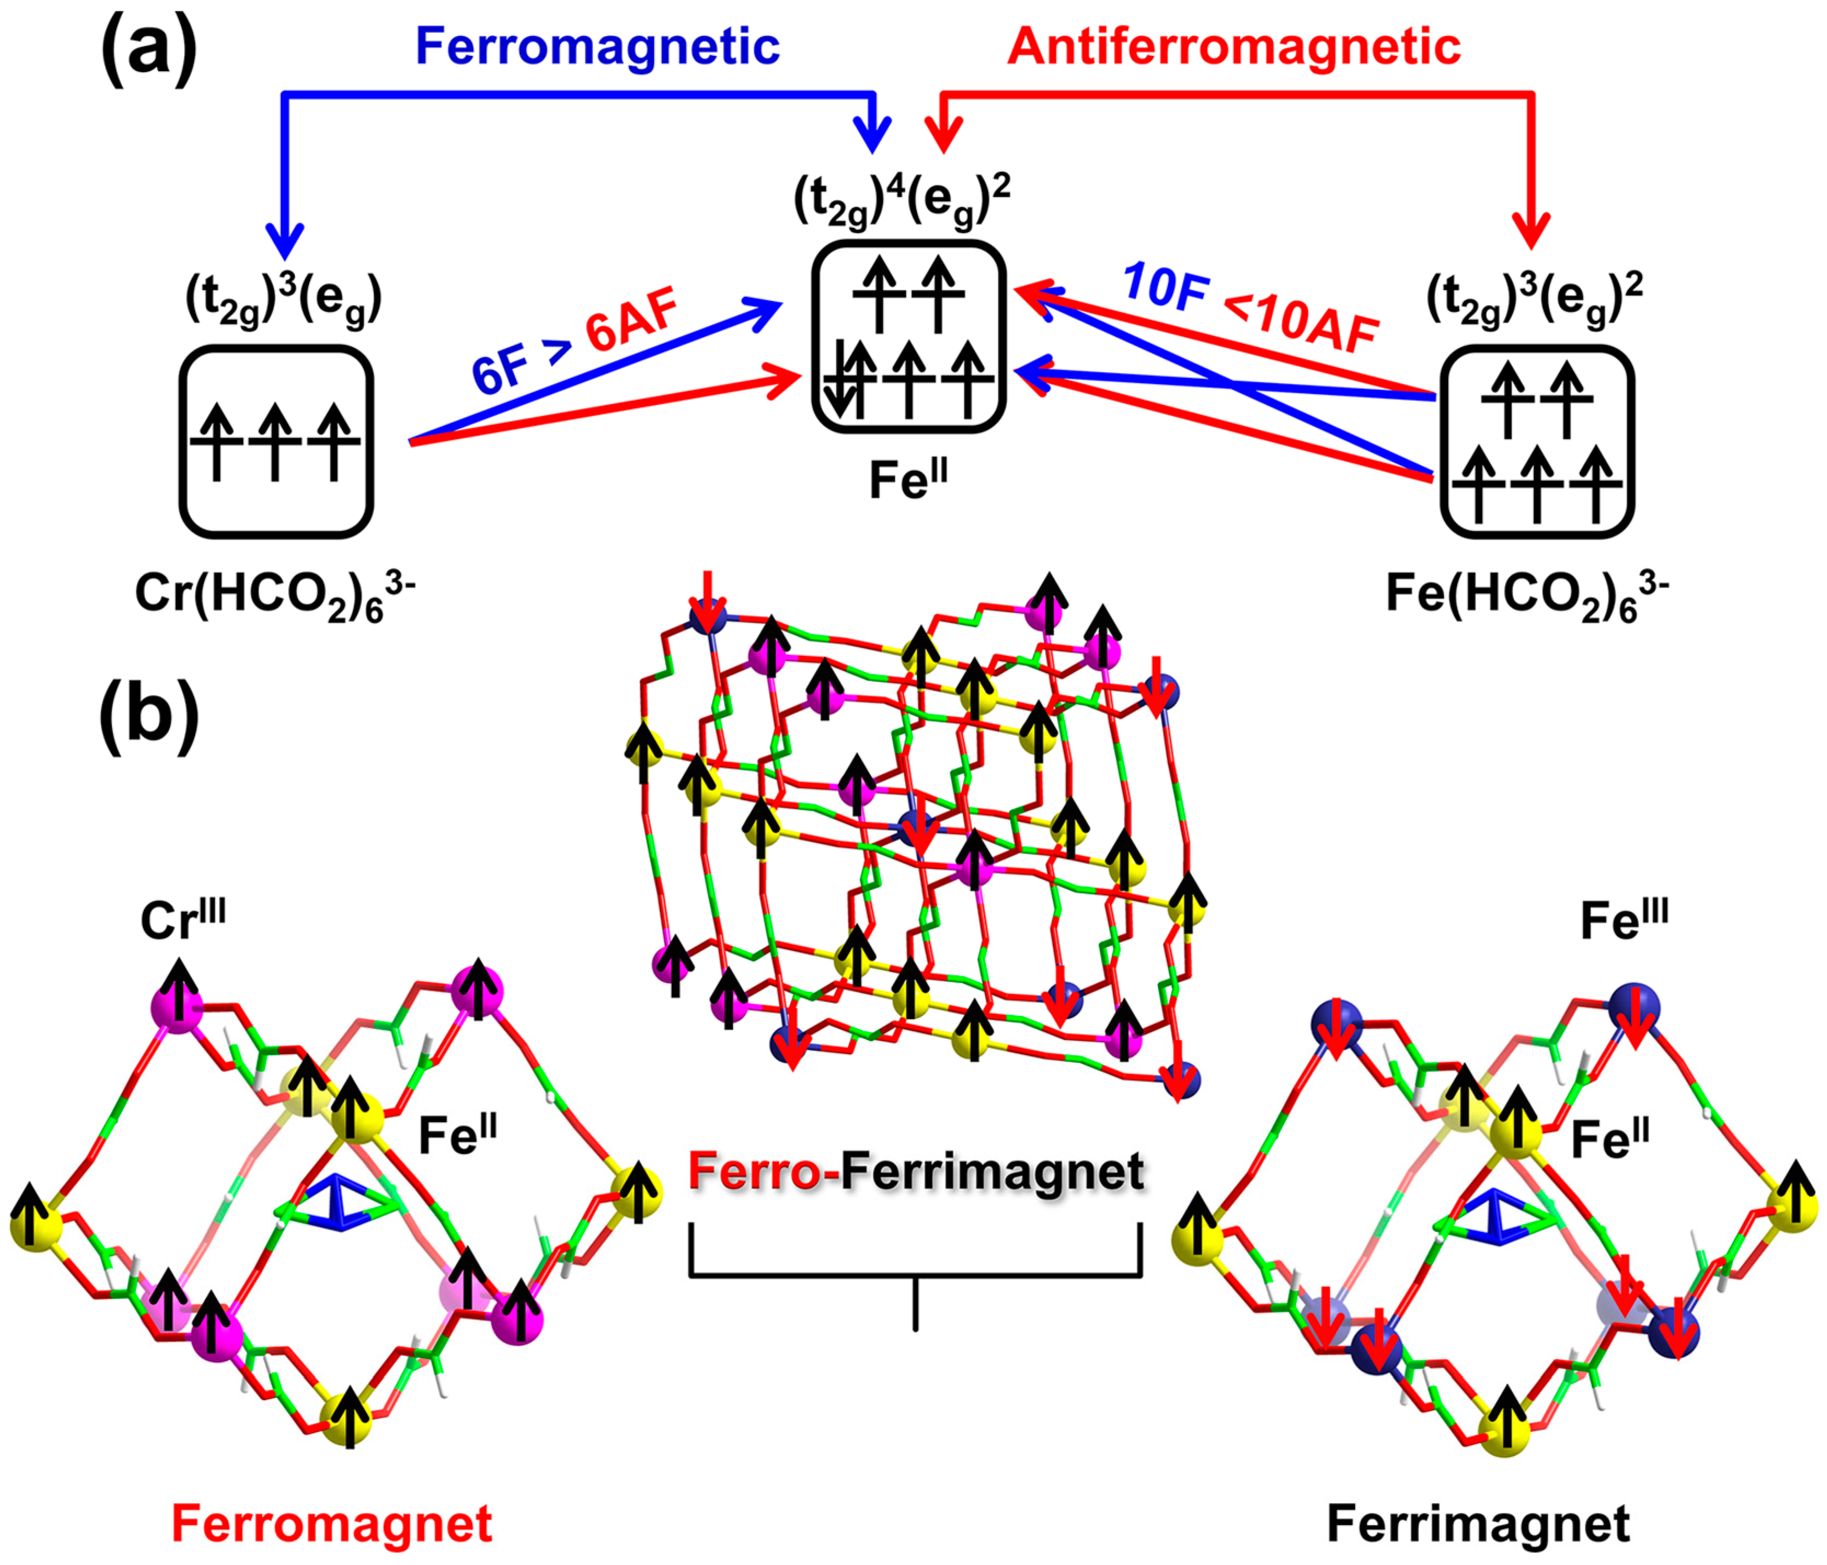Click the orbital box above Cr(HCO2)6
pyautogui.click(x=276, y=441)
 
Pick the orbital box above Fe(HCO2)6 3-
pyautogui.click(x=1537, y=441)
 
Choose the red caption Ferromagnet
pyautogui.click(x=331, y=1523)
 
